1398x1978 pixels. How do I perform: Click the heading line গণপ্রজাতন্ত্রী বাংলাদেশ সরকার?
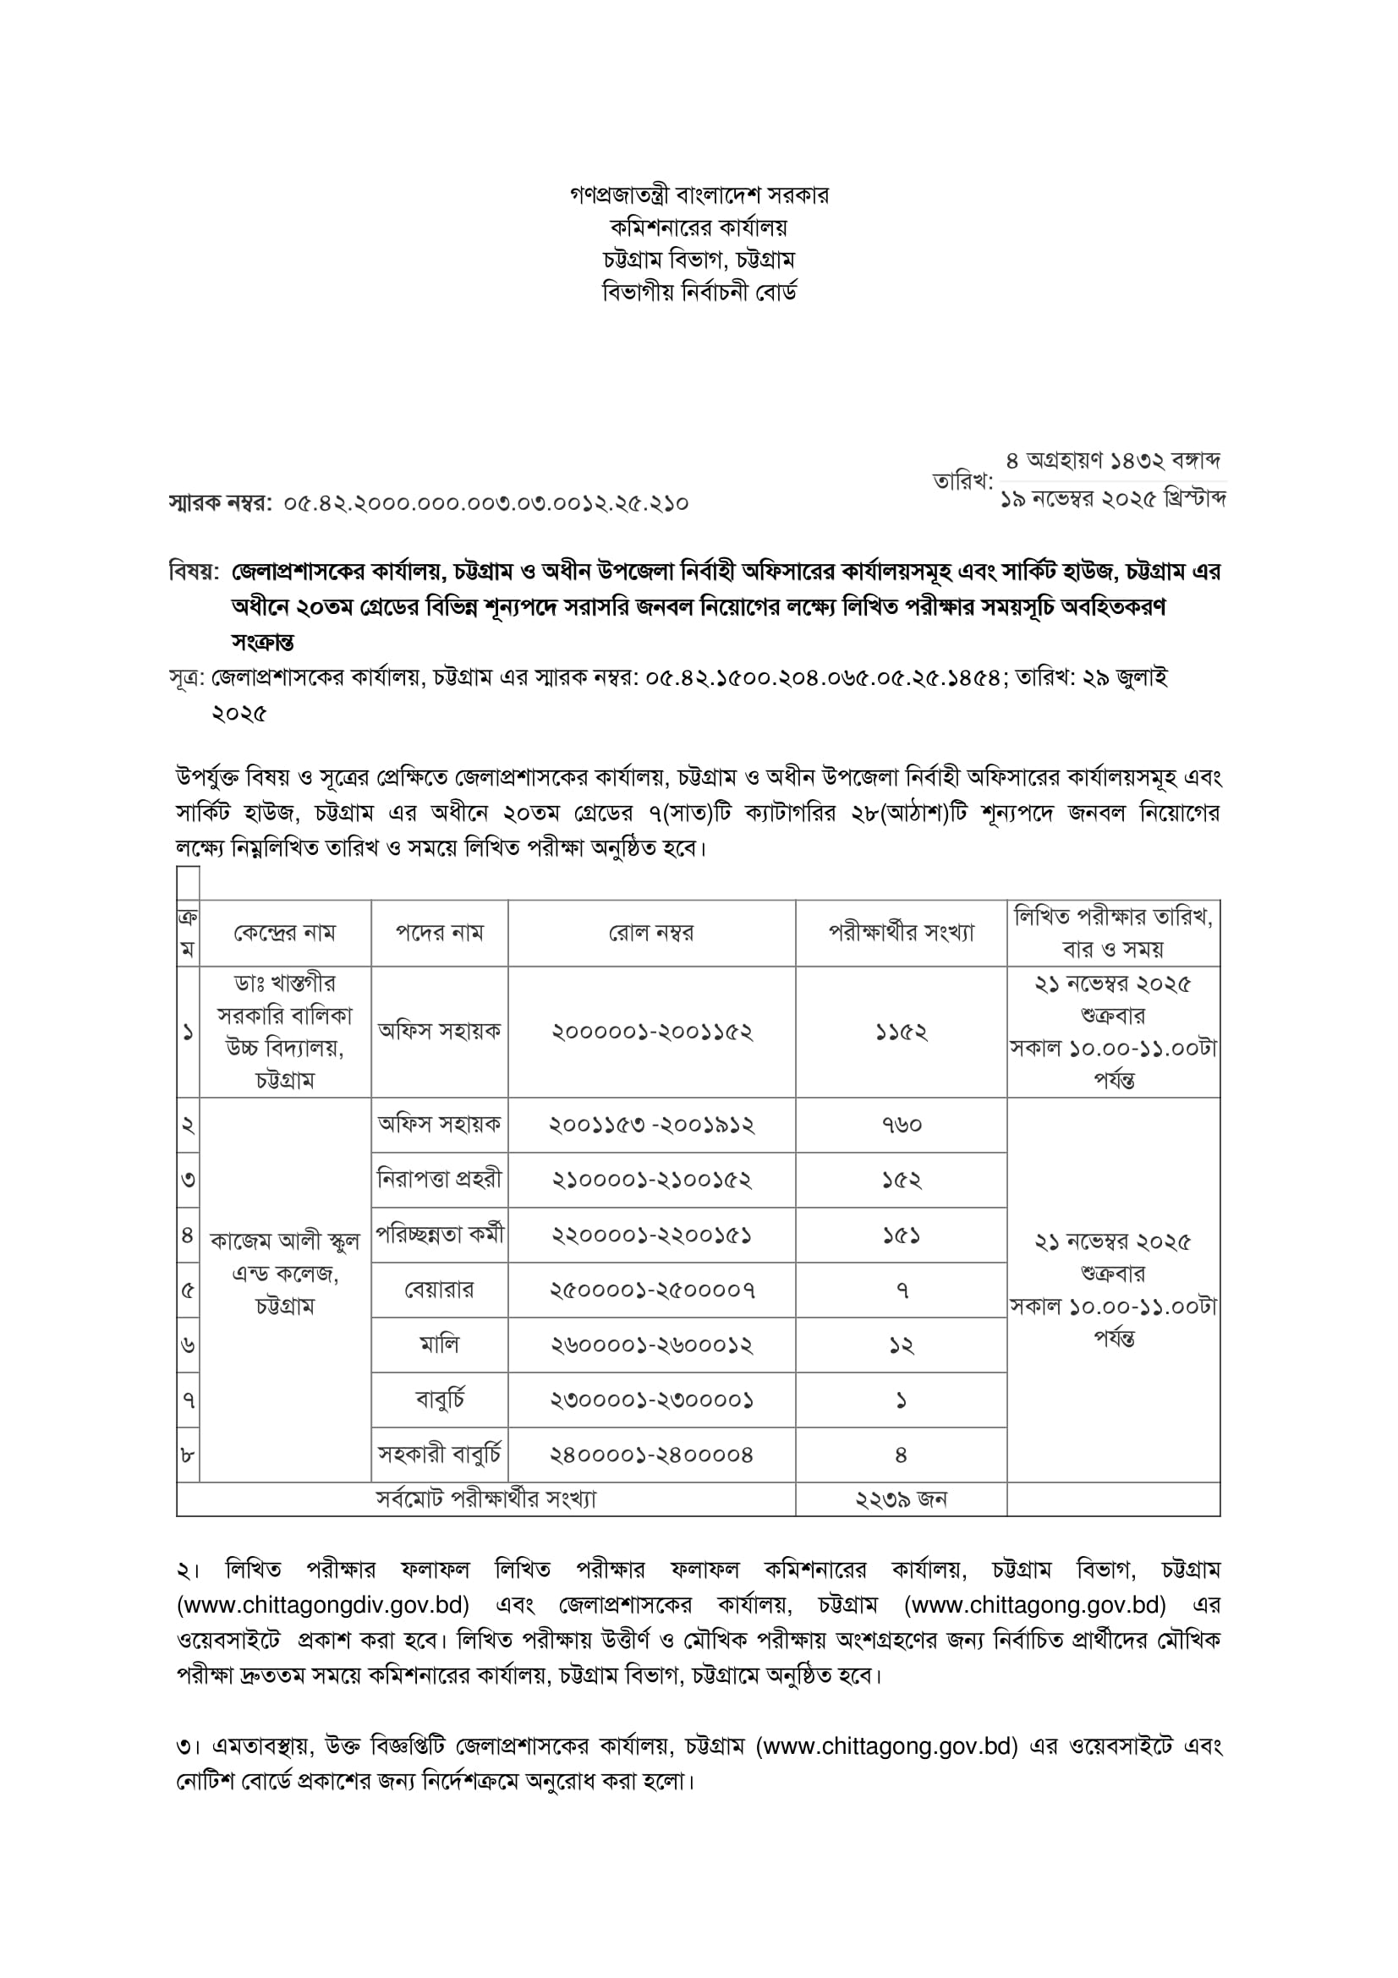(x=699, y=195)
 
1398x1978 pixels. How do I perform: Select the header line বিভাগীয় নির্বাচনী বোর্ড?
(x=699, y=293)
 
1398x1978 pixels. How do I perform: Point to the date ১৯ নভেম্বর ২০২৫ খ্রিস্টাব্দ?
(x=1113, y=499)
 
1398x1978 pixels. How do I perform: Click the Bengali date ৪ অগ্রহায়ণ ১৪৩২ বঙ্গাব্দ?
(x=1114, y=461)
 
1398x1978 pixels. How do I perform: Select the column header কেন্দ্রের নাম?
(x=284, y=933)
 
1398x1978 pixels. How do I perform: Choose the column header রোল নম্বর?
(x=651, y=933)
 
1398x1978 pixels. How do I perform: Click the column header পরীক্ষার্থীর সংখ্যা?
(x=901, y=933)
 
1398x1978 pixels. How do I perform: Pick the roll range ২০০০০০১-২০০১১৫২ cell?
(x=652, y=1032)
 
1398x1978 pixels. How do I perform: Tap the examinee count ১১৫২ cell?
(x=901, y=1032)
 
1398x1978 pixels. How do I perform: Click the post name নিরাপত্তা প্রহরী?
(x=439, y=1180)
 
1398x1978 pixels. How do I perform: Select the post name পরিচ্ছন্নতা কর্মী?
(x=439, y=1235)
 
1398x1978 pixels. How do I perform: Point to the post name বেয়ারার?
(x=439, y=1290)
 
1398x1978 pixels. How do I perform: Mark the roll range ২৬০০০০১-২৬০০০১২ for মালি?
(x=652, y=1345)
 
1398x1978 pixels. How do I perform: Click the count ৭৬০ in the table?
(x=901, y=1125)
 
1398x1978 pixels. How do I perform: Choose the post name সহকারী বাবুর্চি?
(x=439, y=1455)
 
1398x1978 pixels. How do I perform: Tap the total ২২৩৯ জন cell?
(x=901, y=1499)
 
